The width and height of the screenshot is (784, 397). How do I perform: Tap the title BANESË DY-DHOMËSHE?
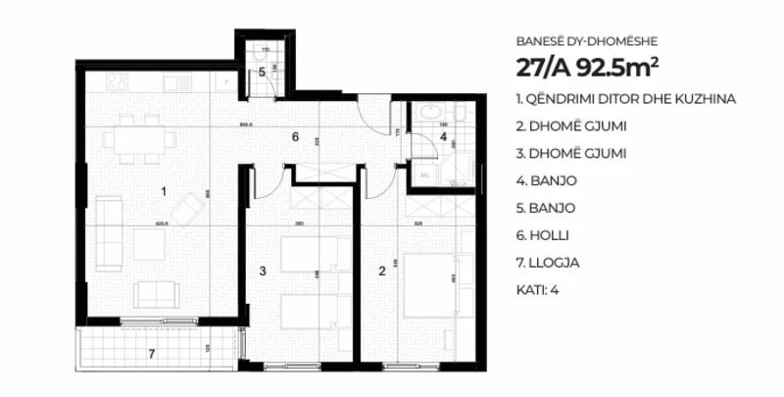pyautogui.click(x=586, y=41)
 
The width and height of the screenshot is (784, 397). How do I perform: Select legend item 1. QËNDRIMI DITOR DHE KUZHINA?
pyautogui.click(x=624, y=99)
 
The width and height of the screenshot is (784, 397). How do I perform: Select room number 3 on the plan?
pyautogui.click(x=263, y=269)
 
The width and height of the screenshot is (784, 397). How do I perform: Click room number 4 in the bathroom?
pyautogui.click(x=443, y=137)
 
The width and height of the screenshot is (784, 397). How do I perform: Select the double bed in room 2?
pyautogui.click(x=427, y=284)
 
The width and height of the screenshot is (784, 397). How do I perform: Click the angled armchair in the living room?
pyautogui.click(x=185, y=206)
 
